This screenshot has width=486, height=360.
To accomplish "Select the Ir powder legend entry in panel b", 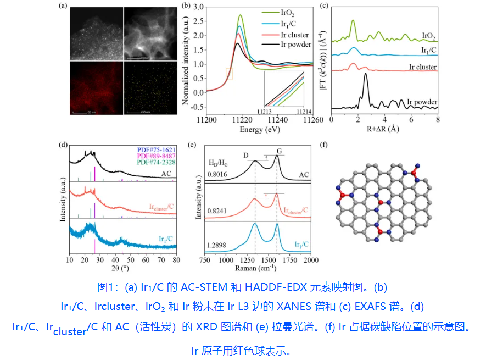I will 294,45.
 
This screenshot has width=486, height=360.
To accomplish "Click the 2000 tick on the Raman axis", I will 311,259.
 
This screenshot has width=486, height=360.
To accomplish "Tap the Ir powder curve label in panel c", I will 422,102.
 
